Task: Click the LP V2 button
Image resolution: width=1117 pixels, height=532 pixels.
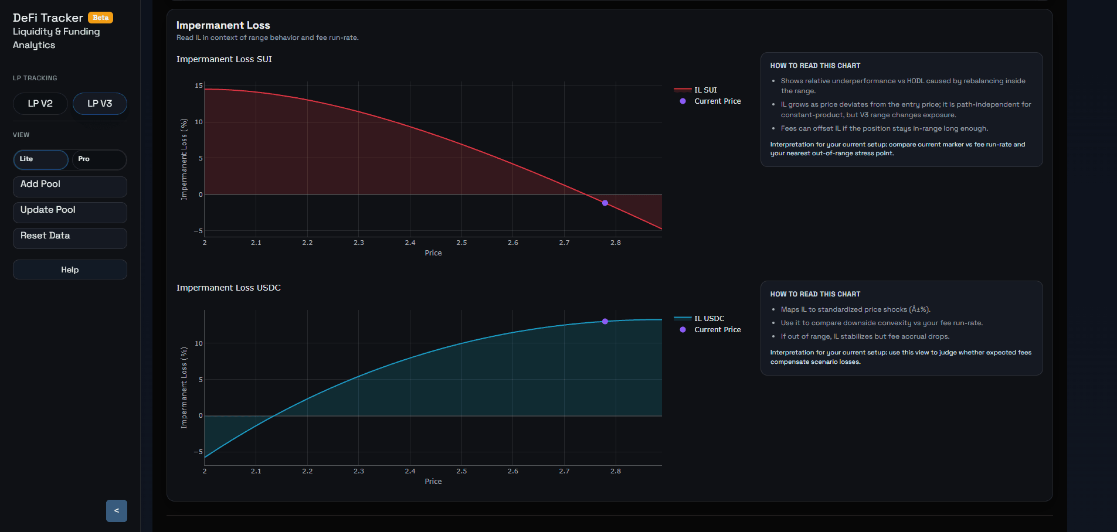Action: (40, 104)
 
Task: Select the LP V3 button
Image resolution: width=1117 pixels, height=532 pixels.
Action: (100, 104)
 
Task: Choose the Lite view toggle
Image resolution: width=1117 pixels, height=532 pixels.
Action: (40, 159)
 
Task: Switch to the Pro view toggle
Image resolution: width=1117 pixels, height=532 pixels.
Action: (98, 159)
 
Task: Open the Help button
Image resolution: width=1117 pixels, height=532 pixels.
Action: (70, 270)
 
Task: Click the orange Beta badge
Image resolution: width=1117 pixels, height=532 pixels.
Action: (100, 18)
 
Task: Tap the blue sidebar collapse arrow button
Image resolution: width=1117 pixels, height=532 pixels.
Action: (117, 511)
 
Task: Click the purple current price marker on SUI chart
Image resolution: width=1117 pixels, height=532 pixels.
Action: (605, 203)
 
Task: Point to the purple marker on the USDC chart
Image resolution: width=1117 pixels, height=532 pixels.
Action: (605, 322)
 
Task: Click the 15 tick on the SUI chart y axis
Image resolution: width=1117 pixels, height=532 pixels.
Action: (199, 86)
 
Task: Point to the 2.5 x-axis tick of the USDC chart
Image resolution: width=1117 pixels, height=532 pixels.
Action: (461, 471)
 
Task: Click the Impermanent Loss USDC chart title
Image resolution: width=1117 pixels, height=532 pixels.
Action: (229, 288)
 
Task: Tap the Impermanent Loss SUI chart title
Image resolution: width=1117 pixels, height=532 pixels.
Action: (224, 59)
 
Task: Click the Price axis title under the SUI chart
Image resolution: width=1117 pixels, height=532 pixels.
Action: (433, 253)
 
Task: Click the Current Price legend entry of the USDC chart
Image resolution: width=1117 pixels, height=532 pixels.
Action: (717, 330)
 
